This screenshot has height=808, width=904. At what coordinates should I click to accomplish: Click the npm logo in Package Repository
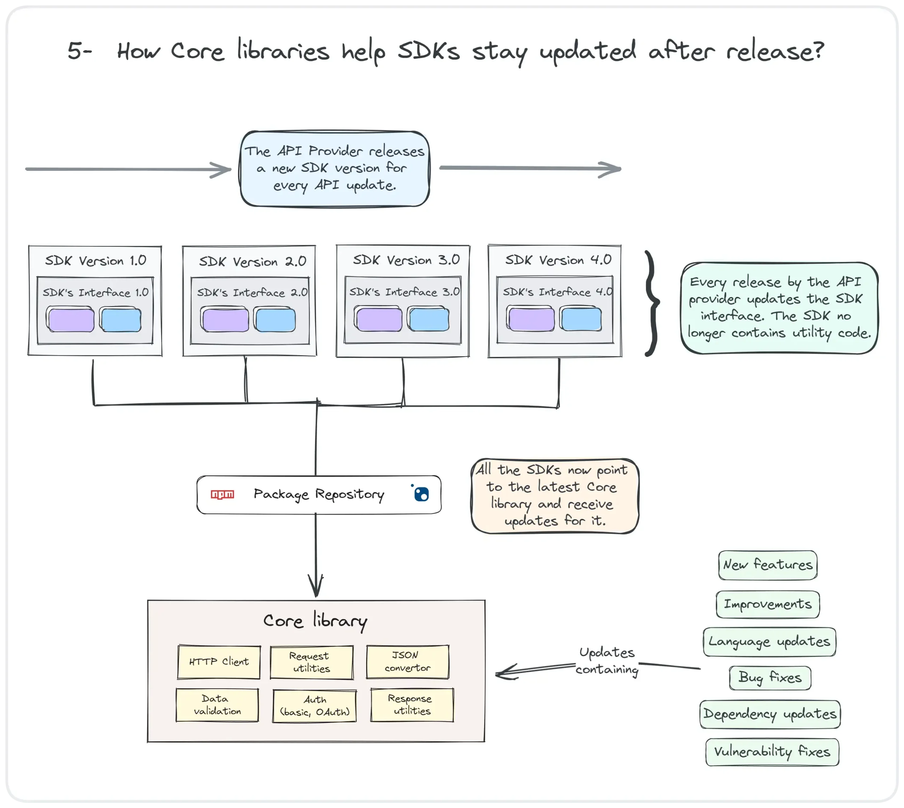[222, 494]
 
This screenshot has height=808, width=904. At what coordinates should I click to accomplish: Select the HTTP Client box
[219, 662]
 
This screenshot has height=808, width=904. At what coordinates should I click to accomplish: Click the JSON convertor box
[408, 662]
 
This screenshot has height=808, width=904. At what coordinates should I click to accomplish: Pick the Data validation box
[217, 705]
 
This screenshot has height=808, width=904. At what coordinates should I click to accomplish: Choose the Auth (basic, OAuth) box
[314, 706]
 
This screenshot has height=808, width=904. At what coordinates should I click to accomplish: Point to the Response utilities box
[412, 705]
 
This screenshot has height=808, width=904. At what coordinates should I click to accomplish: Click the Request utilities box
[312, 662]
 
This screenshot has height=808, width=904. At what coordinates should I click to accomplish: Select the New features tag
[768, 565]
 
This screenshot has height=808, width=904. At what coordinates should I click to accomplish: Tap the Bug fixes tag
[770, 677]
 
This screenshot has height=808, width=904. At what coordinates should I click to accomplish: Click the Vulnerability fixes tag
[772, 752]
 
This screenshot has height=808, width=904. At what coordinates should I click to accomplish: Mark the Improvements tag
[768, 604]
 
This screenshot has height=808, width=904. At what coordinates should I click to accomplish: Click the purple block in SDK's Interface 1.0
[71, 320]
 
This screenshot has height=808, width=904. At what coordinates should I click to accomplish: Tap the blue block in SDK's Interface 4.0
[581, 319]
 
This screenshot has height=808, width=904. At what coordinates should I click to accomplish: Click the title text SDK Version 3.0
[406, 260]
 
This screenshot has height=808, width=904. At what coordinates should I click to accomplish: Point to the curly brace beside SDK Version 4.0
[652, 303]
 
